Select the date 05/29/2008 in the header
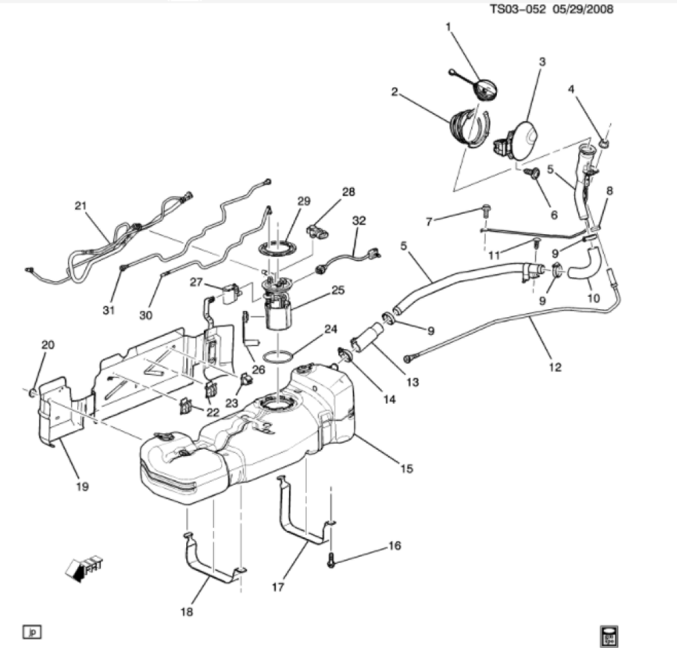(582, 9)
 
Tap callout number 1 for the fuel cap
(448, 27)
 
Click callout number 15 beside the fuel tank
(407, 469)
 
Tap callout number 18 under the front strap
(187, 611)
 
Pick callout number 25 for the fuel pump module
(338, 290)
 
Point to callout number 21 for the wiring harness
(81, 206)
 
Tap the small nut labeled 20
(32, 393)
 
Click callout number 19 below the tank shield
(82, 486)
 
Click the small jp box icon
(32, 632)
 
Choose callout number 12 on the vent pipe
(555, 367)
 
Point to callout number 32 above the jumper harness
(359, 221)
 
